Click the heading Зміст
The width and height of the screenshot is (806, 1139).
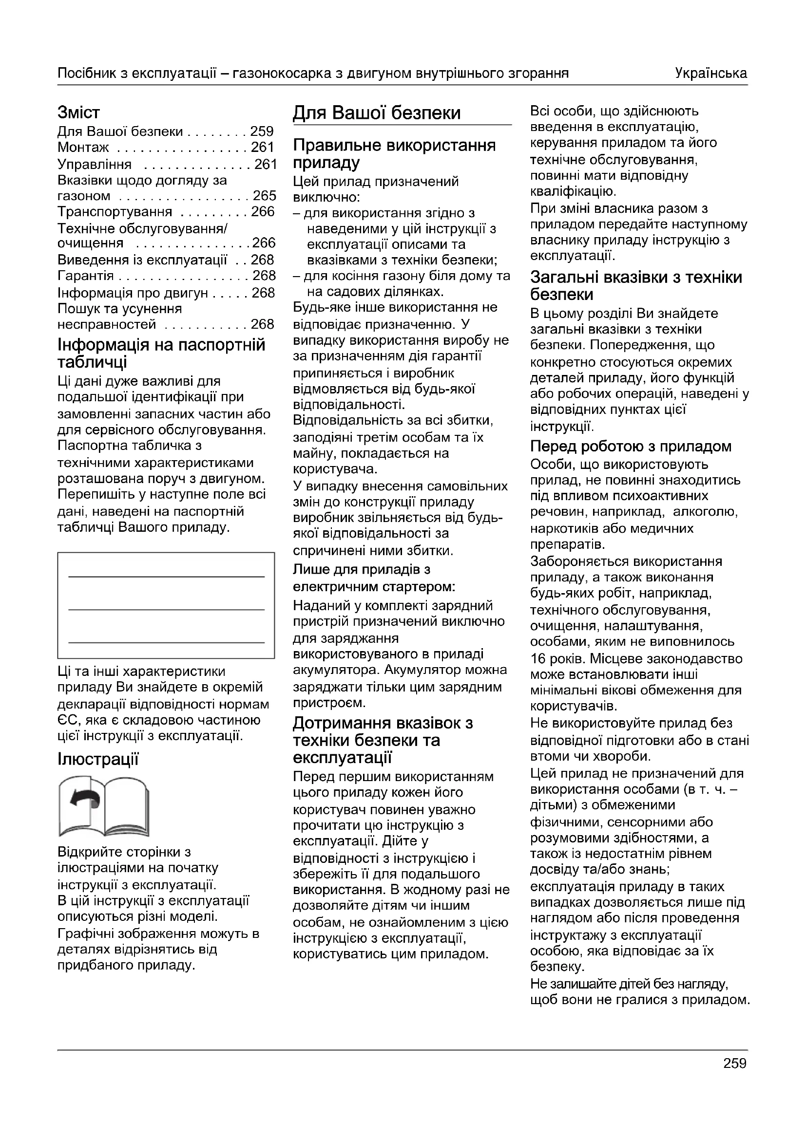(78, 113)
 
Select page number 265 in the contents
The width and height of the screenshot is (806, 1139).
(264, 196)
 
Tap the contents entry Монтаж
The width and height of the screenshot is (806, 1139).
(83, 148)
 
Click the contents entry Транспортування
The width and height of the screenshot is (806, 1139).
(115, 212)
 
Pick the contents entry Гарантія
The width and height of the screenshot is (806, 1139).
(85, 276)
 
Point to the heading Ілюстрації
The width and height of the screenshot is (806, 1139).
(98, 759)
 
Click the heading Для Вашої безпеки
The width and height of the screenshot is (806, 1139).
(376, 113)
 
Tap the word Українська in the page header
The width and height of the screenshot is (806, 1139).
(710, 74)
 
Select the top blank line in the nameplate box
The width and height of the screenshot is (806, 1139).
(166, 577)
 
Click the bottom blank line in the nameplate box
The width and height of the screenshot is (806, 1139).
(166, 642)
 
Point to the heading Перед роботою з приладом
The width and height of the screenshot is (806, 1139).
(631, 447)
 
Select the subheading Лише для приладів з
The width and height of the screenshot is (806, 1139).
(361, 570)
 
